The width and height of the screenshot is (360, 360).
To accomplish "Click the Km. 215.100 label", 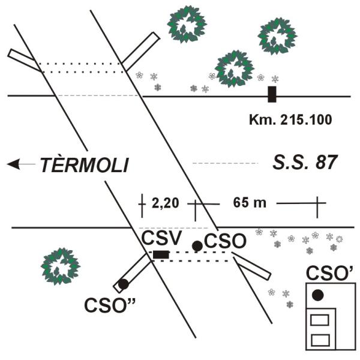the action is click(x=290, y=119).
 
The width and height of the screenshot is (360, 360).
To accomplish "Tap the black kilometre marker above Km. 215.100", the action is click(x=272, y=94).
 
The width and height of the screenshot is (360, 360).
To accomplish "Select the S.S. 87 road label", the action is click(x=305, y=163).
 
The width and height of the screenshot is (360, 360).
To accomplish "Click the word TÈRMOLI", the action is click(x=85, y=164).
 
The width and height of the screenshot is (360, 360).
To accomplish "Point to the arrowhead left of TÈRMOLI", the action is click(x=13, y=164).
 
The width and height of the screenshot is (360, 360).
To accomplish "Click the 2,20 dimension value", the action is click(x=166, y=203).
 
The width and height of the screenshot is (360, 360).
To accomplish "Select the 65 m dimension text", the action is click(x=250, y=203).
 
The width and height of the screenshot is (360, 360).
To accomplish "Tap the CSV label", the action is click(x=162, y=238).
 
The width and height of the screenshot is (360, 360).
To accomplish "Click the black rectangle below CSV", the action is click(x=161, y=254).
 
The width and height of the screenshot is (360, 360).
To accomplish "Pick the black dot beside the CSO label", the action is click(x=197, y=246).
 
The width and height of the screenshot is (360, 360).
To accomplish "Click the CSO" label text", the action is click(x=110, y=305).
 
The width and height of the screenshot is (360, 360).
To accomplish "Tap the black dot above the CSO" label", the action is click(x=124, y=284).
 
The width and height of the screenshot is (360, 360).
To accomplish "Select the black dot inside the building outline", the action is click(x=318, y=295).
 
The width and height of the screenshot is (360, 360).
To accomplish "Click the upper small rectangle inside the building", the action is click(x=320, y=320).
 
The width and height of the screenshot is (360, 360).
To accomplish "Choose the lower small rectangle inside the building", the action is click(x=320, y=340).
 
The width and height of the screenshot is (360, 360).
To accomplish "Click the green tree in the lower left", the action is click(x=61, y=266).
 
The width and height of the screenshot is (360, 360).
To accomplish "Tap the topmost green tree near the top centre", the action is click(x=187, y=24).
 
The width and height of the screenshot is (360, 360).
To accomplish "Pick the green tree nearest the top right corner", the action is click(x=277, y=36).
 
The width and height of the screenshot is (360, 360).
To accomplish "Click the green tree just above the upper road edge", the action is click(x=235, y=68).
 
